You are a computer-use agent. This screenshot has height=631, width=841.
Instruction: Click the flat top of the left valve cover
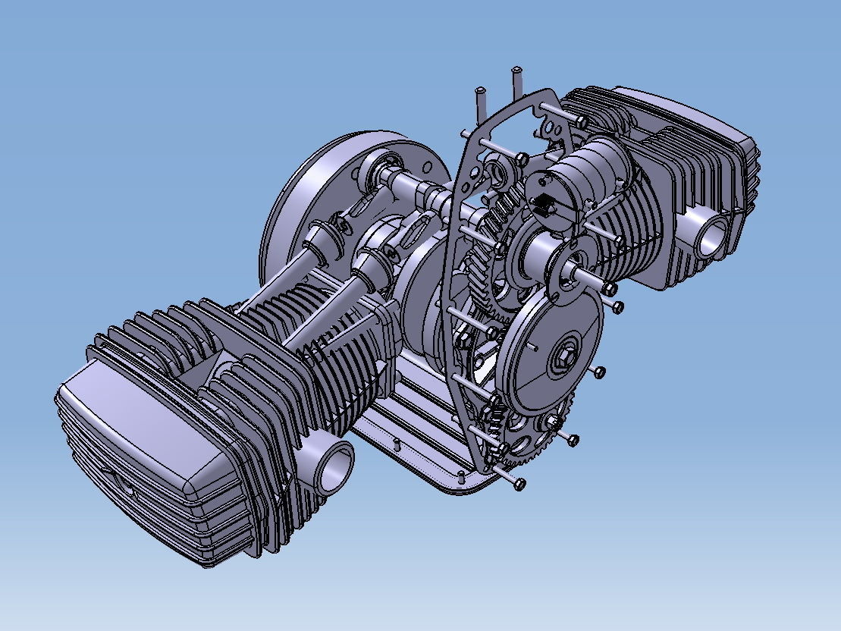137,425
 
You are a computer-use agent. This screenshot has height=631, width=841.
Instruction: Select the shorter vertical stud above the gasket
480,99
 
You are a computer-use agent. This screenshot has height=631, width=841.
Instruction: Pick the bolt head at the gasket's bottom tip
520,482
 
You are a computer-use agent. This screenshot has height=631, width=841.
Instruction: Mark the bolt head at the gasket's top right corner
581,121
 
